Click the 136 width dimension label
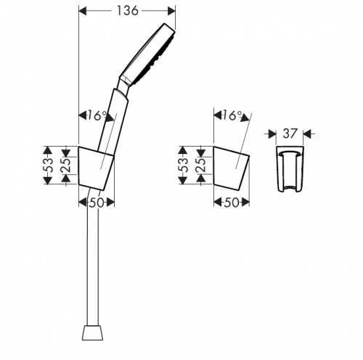pyautogui.click(x=128, y=11)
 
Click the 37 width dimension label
pyautogui.click(x=290, y=134)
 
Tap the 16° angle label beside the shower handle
pyautogui.click(x=97, y=115)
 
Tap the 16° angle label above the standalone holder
pyautogui.click(x=232, y=115)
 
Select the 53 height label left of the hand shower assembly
pyautogui.click(x=49, y=165)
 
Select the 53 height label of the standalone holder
pyautogui.click(x=184, y=165)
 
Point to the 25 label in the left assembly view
pyautogui.click(x=67, y=165)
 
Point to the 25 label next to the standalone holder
pyautogui.click(x=202, y=165)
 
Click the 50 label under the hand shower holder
pyautogui.click(x=97, y=202)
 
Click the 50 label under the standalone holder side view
pyautogui.click(x=232, y=202)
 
